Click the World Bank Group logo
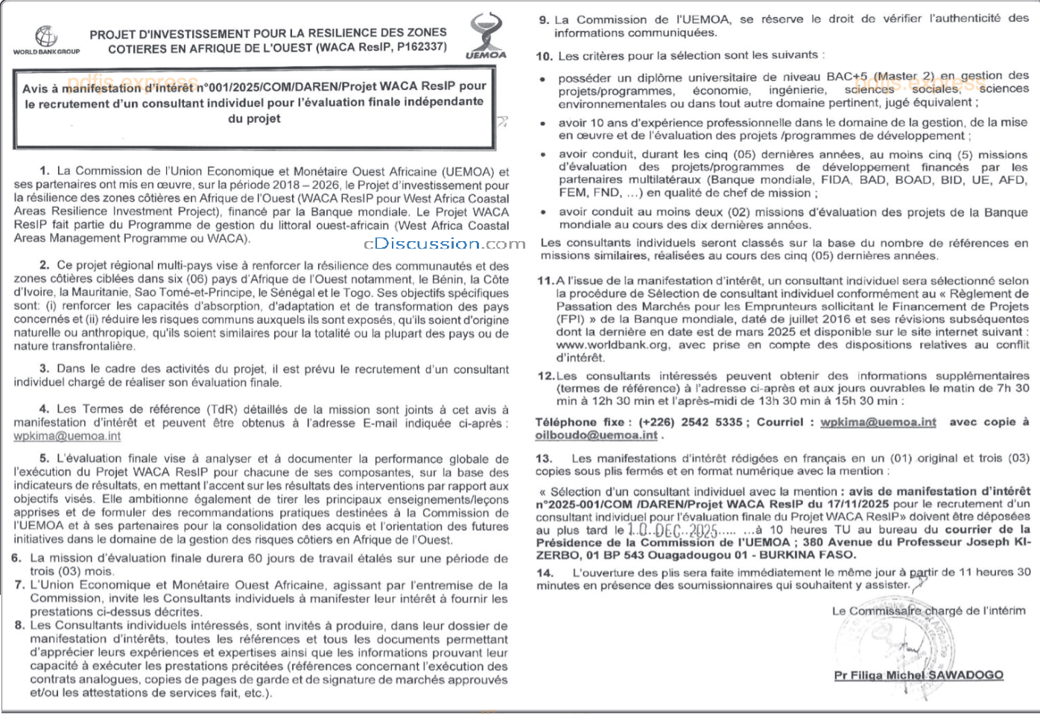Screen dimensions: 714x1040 pos(46,39)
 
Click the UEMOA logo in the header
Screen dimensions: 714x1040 pos(486,36)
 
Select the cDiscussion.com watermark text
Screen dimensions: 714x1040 pos(445,243)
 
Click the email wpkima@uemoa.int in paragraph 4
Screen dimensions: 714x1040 pos(67,436)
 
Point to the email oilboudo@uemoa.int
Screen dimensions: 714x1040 pos(597,435)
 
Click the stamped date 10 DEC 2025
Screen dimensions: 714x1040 pos(672,530)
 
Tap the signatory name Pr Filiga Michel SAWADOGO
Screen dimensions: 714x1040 pos(919,675)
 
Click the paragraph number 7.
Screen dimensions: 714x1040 pos(19,585)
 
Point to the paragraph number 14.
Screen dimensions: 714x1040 pos(545,573)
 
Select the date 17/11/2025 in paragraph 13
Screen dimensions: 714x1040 pos(857,504)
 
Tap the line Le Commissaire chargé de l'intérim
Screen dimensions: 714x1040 pos(928,611)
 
